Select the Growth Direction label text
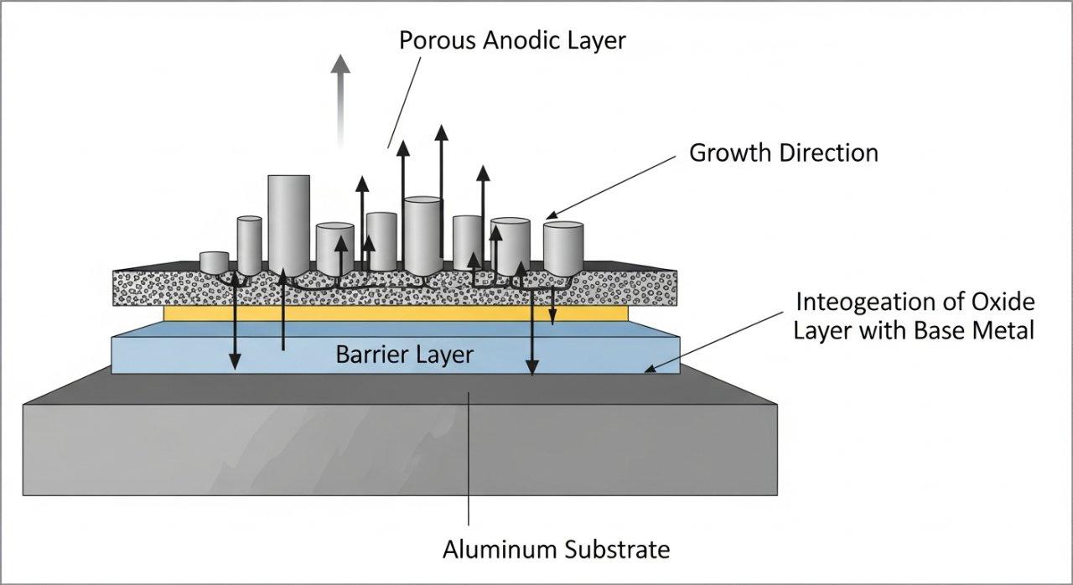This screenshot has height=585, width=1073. pos(783,153)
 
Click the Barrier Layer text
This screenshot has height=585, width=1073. pos(404,355)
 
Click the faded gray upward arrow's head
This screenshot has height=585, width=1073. pos(340,65)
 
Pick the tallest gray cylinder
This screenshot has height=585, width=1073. pos(288,222)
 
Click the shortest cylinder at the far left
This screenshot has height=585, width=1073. pos(215,261)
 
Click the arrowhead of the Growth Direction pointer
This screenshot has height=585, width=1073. pos(551,216)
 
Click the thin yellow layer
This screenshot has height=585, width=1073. pos(394,313)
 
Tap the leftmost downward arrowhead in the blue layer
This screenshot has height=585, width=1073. pos(236,362)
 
